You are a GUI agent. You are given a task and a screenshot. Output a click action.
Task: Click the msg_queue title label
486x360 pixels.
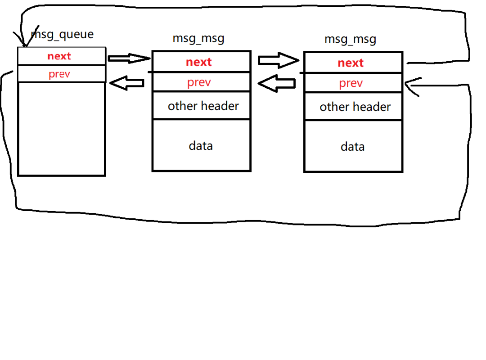62,34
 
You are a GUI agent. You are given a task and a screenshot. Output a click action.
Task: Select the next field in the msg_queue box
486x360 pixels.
59,56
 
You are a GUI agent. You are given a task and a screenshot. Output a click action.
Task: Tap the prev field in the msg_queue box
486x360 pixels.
59,74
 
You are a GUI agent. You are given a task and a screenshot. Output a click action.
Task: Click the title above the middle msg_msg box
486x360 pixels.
198,38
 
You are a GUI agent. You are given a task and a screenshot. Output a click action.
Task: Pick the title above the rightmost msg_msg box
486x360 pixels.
350,40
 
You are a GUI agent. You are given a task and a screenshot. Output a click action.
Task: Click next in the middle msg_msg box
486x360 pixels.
199,62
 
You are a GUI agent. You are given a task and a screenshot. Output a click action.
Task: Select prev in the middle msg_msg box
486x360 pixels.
199,82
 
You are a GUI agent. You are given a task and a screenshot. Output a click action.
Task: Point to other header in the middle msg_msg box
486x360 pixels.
203,106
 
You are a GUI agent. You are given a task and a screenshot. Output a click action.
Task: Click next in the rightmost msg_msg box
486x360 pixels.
351,63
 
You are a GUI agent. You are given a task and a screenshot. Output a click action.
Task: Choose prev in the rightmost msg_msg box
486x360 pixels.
351,83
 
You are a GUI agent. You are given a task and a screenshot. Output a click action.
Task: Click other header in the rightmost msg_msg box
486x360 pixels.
355,107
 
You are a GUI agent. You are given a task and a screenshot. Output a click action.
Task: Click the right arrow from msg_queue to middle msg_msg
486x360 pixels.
129,58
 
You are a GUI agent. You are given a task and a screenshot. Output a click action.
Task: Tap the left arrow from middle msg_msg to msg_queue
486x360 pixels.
127,83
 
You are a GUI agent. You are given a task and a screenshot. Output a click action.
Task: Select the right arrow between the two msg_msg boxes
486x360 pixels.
279,60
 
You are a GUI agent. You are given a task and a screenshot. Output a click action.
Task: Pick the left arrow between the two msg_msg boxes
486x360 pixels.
276,83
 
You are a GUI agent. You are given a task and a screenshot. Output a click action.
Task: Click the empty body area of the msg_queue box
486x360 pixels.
62,129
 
